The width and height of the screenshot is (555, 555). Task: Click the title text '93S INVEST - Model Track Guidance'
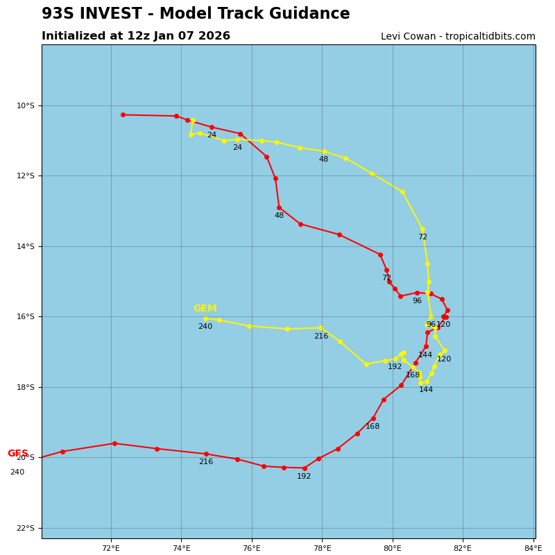[196, 14]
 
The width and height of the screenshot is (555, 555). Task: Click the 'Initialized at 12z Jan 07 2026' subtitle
[136, 36]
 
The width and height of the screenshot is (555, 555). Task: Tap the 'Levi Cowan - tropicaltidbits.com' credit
[458, 37]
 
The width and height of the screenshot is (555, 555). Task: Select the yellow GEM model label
[205, 309]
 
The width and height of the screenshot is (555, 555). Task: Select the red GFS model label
[18, 454]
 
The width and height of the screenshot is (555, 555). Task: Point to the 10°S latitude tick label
[25, 105]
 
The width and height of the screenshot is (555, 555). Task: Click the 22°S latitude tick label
[25, 528]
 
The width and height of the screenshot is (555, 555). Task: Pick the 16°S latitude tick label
[25, 317]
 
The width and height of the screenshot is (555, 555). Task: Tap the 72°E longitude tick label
[111, 548]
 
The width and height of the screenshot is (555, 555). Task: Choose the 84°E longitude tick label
[533, 548]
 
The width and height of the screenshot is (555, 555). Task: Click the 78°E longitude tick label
[322, 548]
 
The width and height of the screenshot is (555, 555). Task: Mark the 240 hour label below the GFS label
[17, 472]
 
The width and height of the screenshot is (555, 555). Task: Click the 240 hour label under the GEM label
[205, 327]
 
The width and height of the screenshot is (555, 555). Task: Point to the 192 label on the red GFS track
[304, 477]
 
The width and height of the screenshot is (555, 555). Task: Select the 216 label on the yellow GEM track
[321, 336]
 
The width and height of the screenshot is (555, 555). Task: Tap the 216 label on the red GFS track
[206, 462]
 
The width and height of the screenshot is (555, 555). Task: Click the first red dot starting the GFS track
[123, 114]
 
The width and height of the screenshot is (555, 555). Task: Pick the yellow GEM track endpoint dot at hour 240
[205, 319]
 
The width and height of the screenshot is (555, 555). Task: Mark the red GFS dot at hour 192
[305, 468]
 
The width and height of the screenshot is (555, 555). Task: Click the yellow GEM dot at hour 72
[422, 230]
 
